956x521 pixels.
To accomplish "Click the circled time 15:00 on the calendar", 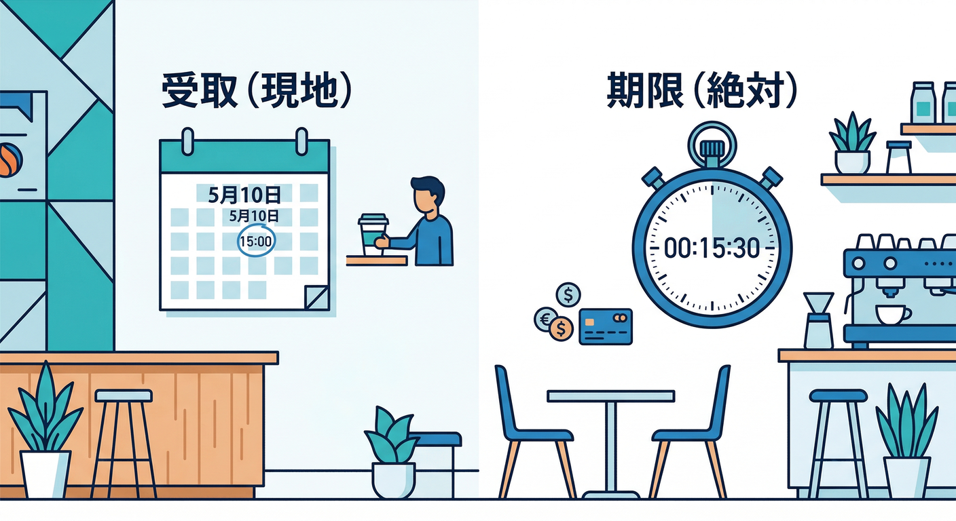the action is pos(256,242).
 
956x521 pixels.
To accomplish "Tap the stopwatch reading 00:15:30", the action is pos(712,248).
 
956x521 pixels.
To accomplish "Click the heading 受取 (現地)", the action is pos(257,91).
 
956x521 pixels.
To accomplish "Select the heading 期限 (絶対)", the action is pos(701,91).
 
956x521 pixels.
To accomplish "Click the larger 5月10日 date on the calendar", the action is pos(244,195).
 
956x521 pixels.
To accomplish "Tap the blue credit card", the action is pos(606,326).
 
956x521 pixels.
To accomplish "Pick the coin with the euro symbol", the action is pos(545,319).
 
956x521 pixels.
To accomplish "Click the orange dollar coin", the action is pos(561,329).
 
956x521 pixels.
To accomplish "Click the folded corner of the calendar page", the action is pos(316,298).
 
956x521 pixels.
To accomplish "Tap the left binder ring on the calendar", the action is pos(188,141).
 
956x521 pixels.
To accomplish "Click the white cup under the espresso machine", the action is pos(892,315).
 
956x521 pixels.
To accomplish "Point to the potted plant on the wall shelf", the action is pos(852,143).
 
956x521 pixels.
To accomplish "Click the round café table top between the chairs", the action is pos(610,396).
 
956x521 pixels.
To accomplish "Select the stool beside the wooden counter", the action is pos(124,444).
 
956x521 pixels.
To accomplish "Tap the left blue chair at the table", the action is pos(534,431).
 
